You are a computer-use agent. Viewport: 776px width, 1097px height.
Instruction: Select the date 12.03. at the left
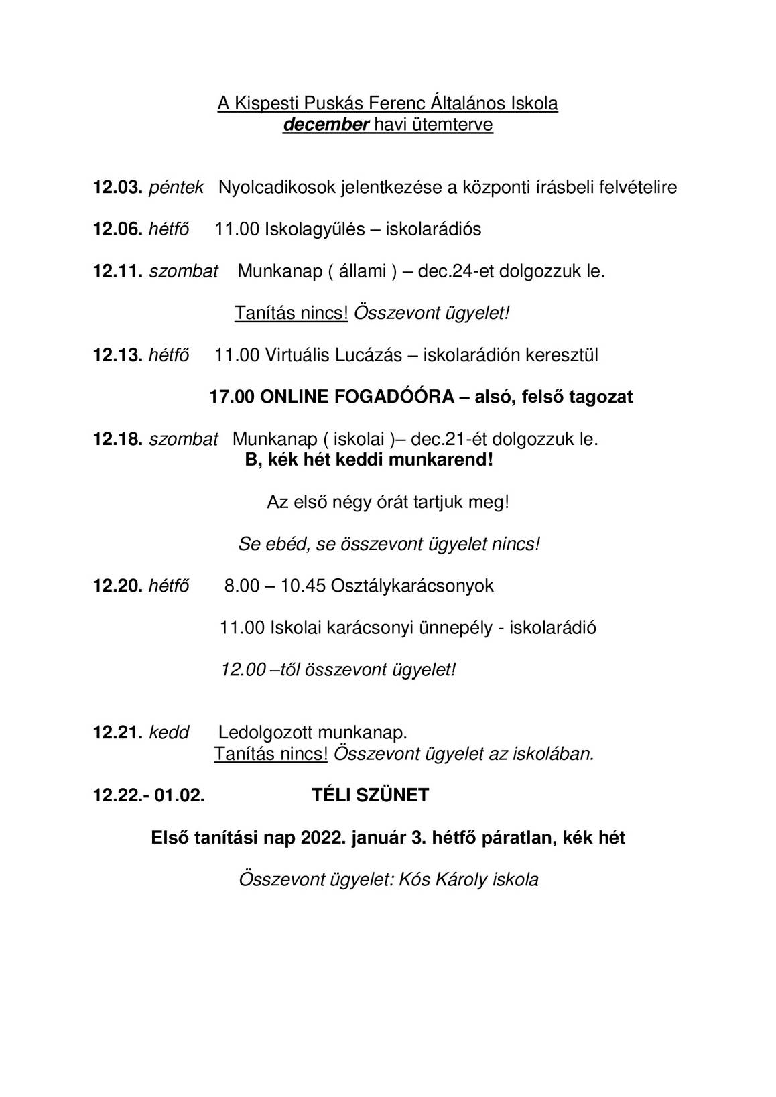(x=117, y=187)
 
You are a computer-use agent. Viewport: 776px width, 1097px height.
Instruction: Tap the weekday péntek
(x=176, y=188)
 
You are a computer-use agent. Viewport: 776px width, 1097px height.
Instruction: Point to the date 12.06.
(x=117, y=229)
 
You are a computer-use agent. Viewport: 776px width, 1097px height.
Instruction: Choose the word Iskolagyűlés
(x=315, y=229)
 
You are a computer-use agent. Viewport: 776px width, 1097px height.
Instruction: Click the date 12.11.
(x=117, y=271)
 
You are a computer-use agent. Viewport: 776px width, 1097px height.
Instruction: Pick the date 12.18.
(x=117, y=439)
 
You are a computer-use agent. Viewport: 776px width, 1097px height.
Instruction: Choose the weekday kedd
(x=169, y=732)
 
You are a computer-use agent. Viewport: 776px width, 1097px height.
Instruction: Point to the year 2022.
(x=323, y=838)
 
